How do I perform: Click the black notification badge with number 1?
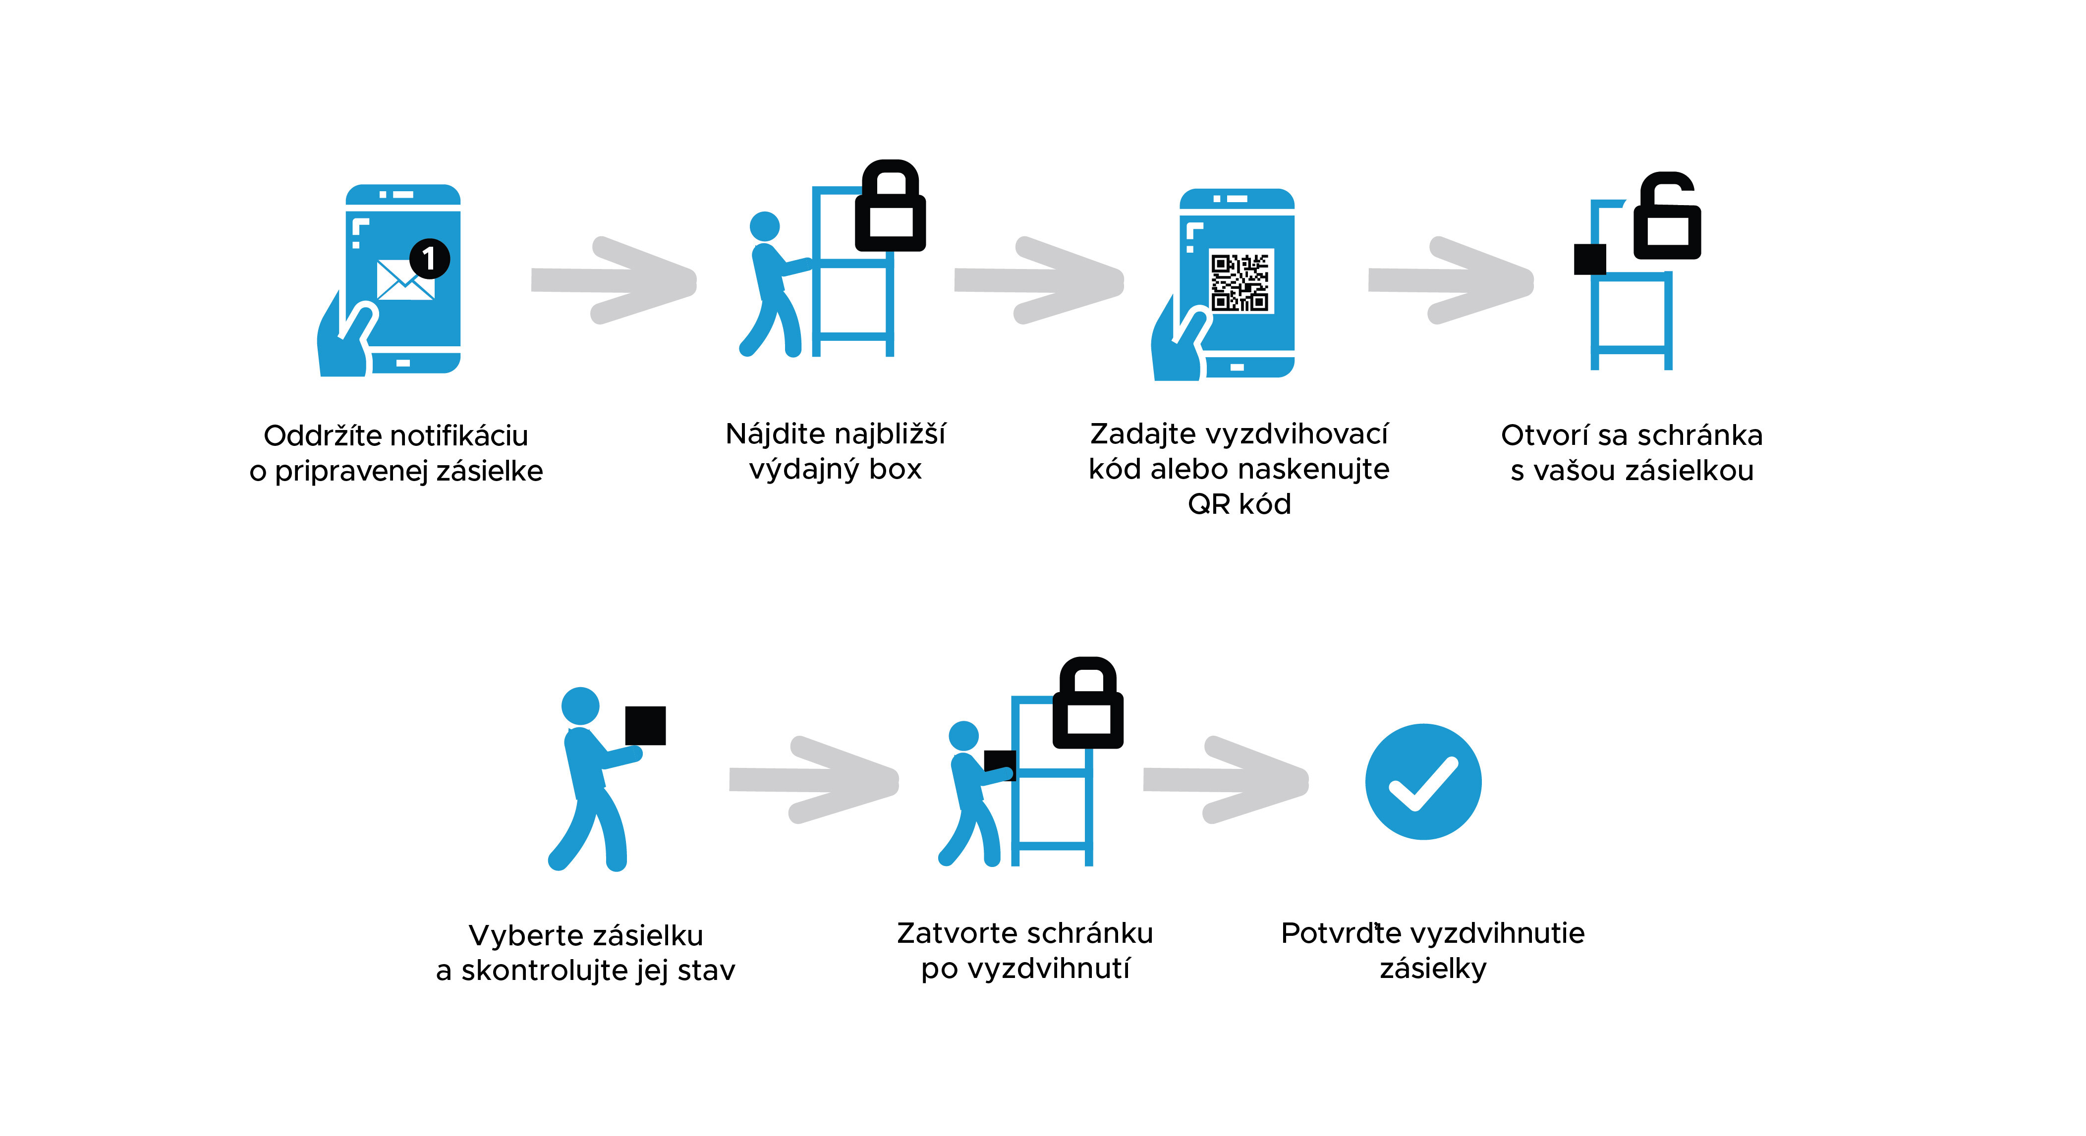tap(429, 258)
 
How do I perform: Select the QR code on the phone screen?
tap(1240, 281)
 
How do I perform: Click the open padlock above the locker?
tap(1667, 217)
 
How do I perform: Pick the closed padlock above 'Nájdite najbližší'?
tap(890, 207)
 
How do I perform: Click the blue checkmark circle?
tap(1423, 781)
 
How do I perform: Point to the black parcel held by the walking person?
tap(645, 725)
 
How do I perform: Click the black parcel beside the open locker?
tap(1589, 259)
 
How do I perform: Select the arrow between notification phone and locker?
tap(616, 280)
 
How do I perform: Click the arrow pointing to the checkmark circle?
tap(1227, 780)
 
